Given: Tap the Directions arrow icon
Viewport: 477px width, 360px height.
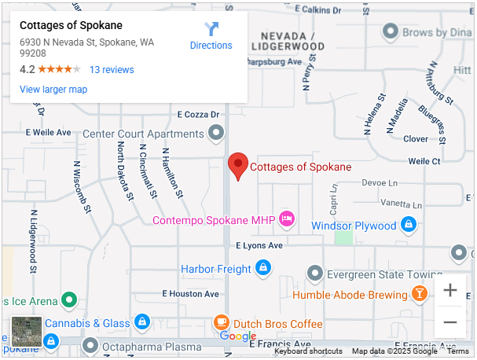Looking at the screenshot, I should click(211, 30).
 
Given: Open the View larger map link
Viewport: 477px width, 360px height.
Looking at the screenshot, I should click(53, 90).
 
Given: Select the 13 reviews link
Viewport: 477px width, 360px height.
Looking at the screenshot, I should click(112, 70).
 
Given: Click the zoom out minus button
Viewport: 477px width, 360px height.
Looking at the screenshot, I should click(450, 322).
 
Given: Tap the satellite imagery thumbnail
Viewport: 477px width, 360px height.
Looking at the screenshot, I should click(26, 332).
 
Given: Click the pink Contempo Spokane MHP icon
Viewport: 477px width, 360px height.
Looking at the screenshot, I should click(287, 219).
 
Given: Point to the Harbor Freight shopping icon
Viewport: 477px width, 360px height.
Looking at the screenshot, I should click(262, 269).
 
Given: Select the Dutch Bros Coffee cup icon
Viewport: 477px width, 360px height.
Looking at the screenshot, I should click(222, 323).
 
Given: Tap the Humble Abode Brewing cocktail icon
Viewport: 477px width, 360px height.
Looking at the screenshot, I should click(420, 295).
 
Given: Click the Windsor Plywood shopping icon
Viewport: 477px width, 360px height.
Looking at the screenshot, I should click(408, 226).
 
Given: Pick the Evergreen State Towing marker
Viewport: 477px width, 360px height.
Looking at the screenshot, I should click(315, 274).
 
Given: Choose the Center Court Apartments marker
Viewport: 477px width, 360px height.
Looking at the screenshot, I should click(215, 133).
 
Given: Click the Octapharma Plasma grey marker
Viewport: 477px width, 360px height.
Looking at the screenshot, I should click(90, 346).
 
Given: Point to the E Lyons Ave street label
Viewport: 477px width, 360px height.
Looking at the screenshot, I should click(259, 246).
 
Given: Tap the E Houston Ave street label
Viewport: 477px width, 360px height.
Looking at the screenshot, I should click(190, 293).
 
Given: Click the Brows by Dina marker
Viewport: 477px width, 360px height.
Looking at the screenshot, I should click(391, 32).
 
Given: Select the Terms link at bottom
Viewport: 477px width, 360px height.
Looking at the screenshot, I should click(458, 351).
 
